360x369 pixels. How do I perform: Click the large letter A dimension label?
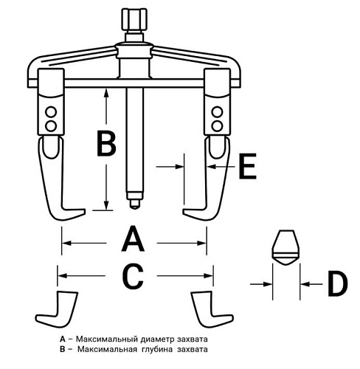pos(133,238)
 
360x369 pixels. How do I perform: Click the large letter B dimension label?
pos(106,143)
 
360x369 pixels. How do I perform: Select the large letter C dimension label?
pos(133,276)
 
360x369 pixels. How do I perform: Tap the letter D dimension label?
pos(337,284)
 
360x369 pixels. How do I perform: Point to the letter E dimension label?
pos(248,166)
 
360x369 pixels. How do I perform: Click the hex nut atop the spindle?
pos(134,20)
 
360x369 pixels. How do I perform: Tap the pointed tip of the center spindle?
pos(134,208)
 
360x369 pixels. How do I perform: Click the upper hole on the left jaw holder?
pos(51,112)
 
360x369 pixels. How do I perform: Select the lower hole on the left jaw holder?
pos(51,126)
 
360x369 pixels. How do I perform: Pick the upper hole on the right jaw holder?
pos(217,112)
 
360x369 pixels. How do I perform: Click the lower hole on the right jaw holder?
pos(217,126)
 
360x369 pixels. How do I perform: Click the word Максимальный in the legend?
pos(106,339)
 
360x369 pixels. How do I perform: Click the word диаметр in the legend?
pos(157,339)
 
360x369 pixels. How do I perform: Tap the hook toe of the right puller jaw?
pos(193,212)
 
